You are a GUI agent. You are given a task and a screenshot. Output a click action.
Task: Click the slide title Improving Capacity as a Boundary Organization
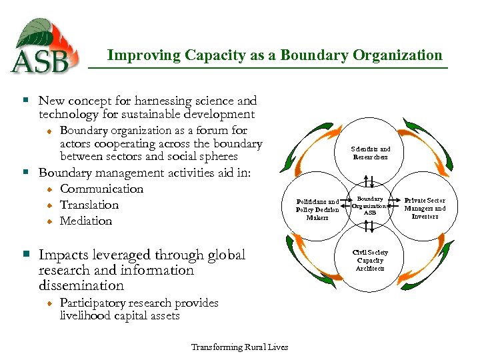pyautogui.click(x=275, y=55)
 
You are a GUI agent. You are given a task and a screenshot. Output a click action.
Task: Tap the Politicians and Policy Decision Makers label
pyautogui.click(x=317, y=209)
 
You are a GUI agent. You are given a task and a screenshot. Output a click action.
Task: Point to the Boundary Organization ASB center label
pyautogui.click(x=371, y=205)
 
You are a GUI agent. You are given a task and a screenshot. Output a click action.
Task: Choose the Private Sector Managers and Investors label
pyautogui.click(x=425, y=208)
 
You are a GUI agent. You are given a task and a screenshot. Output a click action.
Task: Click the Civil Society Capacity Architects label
pyautogui.click(x=370, y=260)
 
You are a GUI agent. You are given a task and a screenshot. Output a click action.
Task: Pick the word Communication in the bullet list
pyautogui.click(x=101, y=189)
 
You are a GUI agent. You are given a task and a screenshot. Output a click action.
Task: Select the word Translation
pyautogui.click(x=89, y=205)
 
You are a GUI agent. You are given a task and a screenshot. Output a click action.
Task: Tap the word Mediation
pyautogui.click(x=86, y=221)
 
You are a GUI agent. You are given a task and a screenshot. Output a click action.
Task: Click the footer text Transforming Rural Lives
pyautogui.click(x=239, y=347)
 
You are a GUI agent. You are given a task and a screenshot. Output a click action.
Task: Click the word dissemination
pyautogui.click(x=81, y=285)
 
